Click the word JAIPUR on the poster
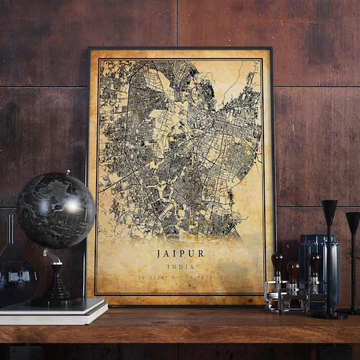(180, 254)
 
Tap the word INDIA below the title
(180, 266)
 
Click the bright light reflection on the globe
(73, 205)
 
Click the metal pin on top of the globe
(67, 173)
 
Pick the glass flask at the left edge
(13, 273)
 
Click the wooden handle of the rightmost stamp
(314, 262)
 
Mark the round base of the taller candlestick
(329, 314)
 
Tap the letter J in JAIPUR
(159, 254)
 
